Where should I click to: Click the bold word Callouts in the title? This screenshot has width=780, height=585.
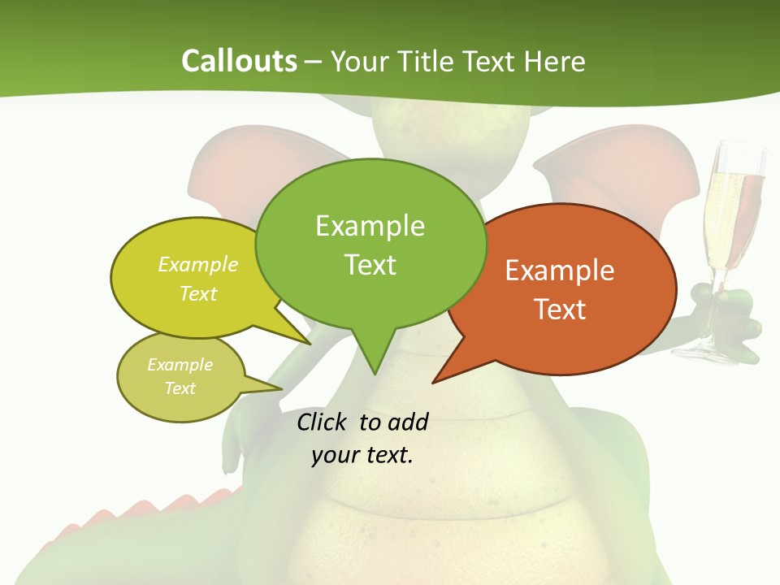click(239, 61)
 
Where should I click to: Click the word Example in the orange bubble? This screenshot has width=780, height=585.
click(560, 271)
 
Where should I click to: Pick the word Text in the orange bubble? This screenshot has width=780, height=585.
click(560, 310)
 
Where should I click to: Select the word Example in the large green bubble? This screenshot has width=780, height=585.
click(370, 226)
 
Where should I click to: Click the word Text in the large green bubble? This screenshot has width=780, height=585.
click(370, 265)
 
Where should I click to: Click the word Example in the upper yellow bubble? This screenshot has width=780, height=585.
click(197, 265)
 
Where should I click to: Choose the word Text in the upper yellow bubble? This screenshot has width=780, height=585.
click(197, 293)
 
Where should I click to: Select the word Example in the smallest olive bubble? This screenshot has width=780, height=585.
click(180, 365)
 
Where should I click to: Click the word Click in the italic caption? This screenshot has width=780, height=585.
click(323, 422)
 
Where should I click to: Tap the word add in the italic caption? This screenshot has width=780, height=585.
click(407, 422)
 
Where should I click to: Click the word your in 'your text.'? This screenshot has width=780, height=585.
click(335, 455)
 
